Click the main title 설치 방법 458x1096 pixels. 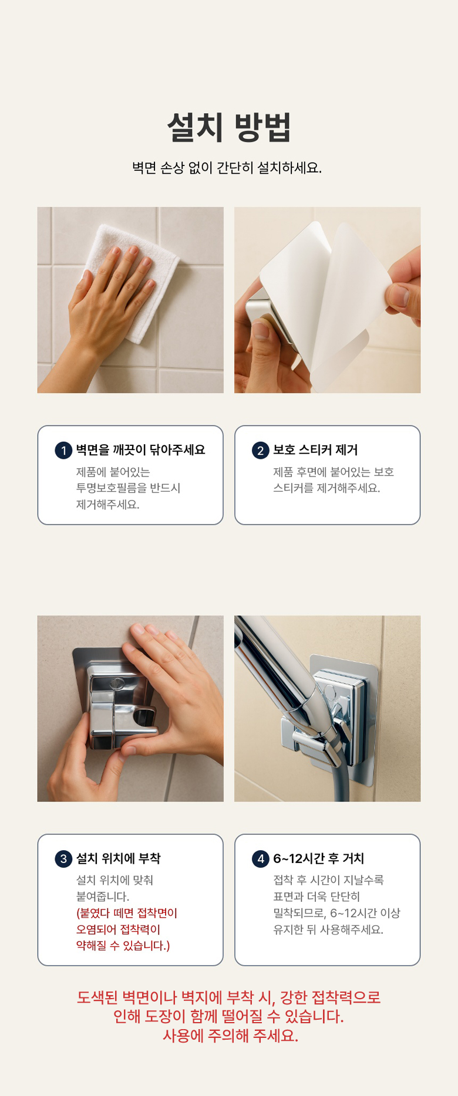pos(229,127)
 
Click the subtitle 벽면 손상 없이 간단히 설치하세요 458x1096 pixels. pos(227,168)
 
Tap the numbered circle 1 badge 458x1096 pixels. pos(63,451)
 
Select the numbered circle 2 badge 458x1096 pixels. pos(261,451)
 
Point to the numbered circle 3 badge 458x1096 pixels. pos(63,859)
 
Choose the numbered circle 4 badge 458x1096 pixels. pos(261,859)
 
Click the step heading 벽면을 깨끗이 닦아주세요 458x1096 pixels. pos(140,450)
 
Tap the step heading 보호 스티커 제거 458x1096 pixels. pos(315,450)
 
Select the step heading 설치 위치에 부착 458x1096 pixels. pos(118,858)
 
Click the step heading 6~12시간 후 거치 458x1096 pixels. pos(318,858)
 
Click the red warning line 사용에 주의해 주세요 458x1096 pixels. pos(230,1036)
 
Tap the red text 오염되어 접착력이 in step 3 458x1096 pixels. pos(118,929)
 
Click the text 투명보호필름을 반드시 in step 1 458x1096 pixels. pos(128,488)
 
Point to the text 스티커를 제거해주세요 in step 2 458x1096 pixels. pos(326,488)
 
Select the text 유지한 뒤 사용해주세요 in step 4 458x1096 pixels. pos(328,929)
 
